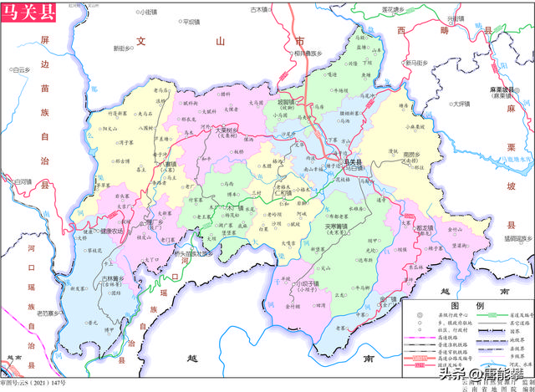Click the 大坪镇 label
pyautogui.click(x=456, y=104)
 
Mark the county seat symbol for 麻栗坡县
pyautogui.click(x=502, y=92)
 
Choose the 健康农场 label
pyautogui.click(x=111, y=231)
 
